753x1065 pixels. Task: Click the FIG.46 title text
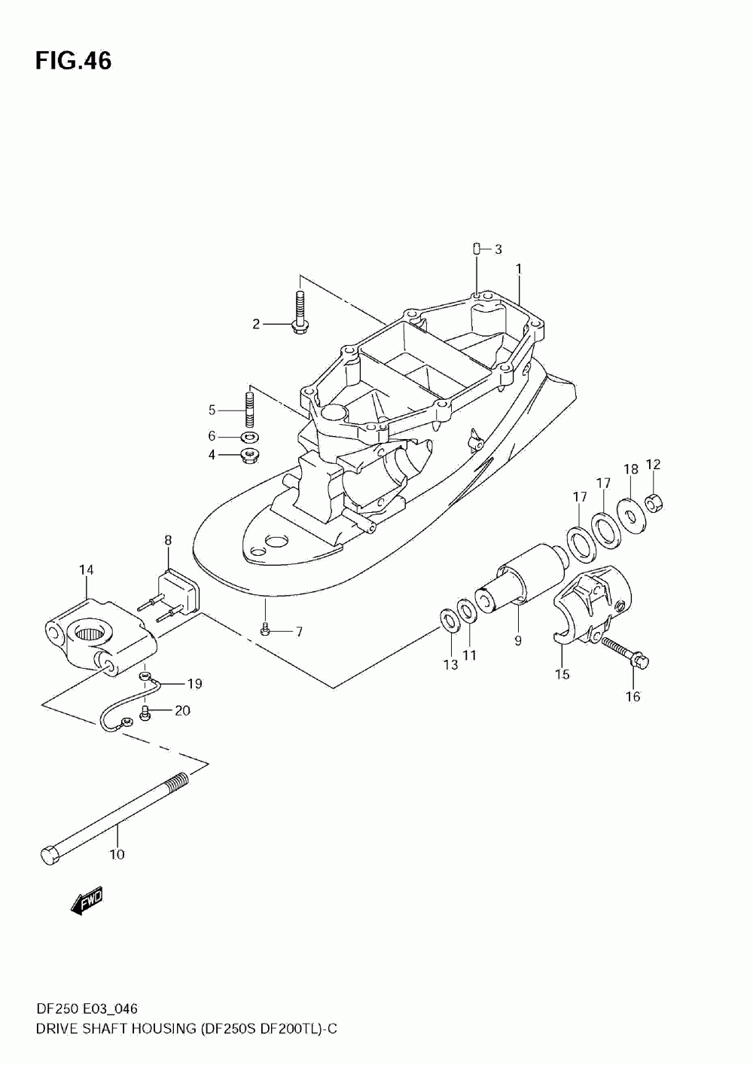(73, 61)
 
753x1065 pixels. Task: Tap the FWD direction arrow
(86, 901)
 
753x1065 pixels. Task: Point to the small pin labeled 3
(476, 249)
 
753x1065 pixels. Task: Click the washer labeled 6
(249, 437)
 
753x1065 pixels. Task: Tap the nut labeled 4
(249, 456)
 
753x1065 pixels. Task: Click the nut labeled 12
(654, 501)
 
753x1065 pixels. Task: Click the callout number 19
(194, 684)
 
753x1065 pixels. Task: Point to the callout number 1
(519, 268)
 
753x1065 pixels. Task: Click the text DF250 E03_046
(85, 1009)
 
